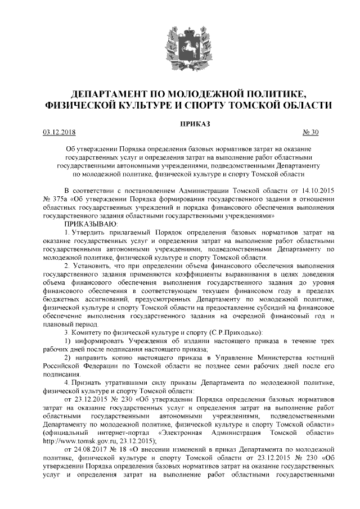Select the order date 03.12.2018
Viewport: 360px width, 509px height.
pos(59,132)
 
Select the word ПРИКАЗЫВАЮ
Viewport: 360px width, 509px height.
pos(91,224)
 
